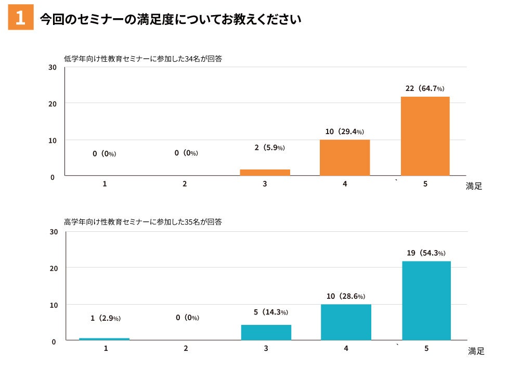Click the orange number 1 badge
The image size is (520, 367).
21,18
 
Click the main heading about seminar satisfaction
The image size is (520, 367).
171,20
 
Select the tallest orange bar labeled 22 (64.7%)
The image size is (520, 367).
425,136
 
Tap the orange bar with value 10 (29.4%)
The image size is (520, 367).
345,158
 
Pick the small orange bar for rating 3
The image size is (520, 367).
265,173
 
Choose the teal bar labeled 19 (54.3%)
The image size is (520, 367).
426,300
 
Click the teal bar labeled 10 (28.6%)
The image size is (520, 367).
346,322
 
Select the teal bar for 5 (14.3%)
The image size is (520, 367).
266,332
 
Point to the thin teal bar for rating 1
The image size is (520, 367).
104,339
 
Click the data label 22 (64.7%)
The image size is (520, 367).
425,88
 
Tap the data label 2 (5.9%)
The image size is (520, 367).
269,148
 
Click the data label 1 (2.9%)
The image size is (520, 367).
106,318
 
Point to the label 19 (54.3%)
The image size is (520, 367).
426,253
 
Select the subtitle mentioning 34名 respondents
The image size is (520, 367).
143,59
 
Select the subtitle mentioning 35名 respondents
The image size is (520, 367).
143,222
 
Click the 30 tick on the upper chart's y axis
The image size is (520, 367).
53,67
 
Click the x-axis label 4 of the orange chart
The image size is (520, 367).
345,184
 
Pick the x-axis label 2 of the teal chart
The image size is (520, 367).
186,348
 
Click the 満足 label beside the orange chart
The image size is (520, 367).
474,186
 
